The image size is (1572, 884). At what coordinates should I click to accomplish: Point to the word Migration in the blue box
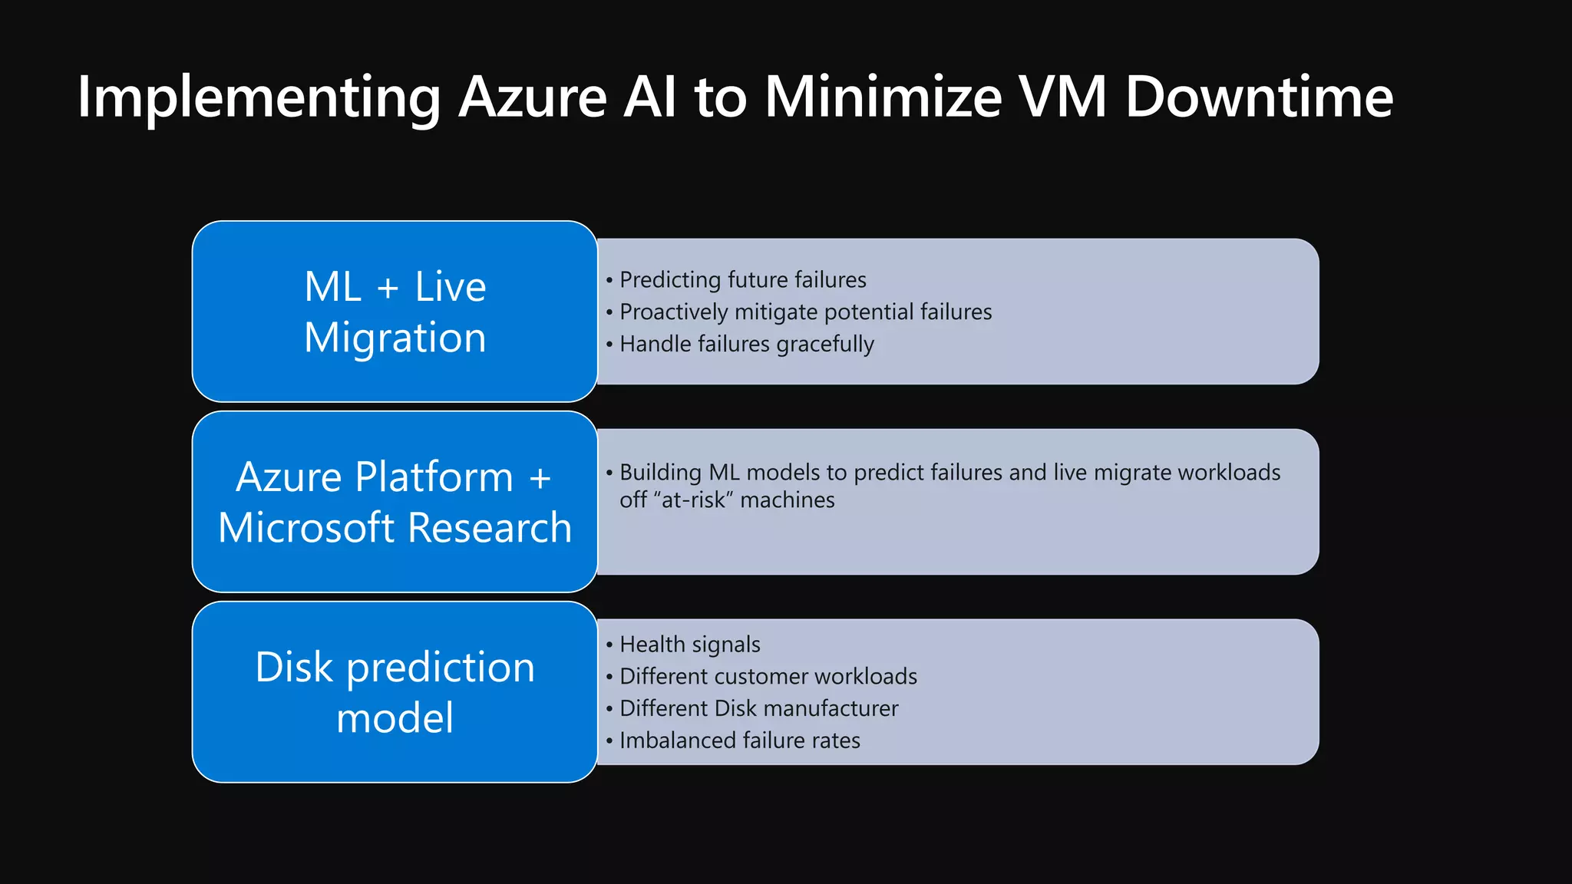[395, 338]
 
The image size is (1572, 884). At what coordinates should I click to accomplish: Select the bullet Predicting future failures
[742, 280]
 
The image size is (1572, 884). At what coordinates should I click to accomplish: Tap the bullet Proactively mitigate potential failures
[805, 312]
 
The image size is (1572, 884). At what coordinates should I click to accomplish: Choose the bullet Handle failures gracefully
[746, 345]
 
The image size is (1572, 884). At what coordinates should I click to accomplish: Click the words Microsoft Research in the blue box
[395, 528]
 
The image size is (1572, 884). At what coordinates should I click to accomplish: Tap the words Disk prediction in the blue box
[395, 668]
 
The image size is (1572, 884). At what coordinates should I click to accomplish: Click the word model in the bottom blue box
[395, 718]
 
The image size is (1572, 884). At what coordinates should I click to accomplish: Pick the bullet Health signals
[689, 645]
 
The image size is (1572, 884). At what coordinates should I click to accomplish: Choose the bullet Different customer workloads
[768, 677]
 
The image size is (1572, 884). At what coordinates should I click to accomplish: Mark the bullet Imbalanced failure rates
[739, 741]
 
